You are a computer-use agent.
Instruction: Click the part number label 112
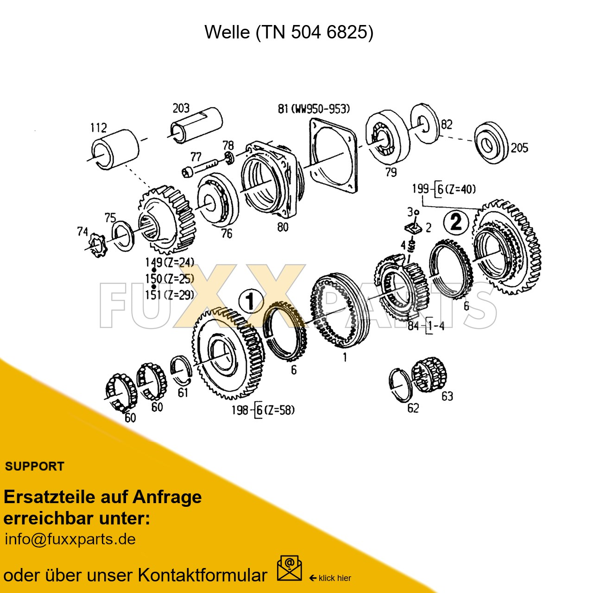pyautogui.click(x=99, y=127)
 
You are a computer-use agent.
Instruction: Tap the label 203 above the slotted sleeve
pyautogui.click(x=181, y=108)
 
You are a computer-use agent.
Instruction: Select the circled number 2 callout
pyautogui.click(x=456, y=222)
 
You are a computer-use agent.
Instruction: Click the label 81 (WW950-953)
pyautogui.click(x=314, y=109)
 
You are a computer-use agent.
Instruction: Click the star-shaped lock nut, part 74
pyautogui.click(x=98, y=245)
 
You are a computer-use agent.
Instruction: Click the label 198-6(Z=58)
pyautogui.click(x=263, y=410)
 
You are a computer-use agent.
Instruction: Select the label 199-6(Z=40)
pyautogui.click(x=444, y=189)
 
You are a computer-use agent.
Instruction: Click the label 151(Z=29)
pyautogui.click(x=170, y=295)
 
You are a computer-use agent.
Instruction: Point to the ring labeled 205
pyautogui.click(x=491, y=144)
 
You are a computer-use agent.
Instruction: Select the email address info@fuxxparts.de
pyautogui.click(x=70, y=539)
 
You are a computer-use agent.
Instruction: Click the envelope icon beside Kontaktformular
pyautogui.click(x=289, y=568)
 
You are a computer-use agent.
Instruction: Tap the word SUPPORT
pyautogui.click(x=34, y=466)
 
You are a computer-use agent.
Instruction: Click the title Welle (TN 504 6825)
pyautogui.click(x=289, y=32)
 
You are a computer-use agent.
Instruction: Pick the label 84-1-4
pyautogui.click(x=426, y=326)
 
